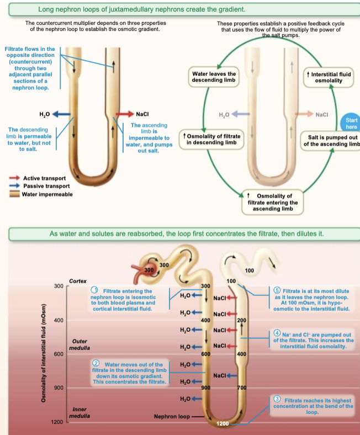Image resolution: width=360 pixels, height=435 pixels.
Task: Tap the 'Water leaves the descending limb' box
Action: pyautogui.click(x=214, y=77)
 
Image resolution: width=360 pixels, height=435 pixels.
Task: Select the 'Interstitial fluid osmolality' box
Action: pyautogui.click(x=329, y=77)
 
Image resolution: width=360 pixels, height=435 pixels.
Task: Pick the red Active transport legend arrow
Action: pyautogui.click(x=15, y=178)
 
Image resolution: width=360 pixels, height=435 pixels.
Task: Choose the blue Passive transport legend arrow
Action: pyautogui.click(x=15, y=186)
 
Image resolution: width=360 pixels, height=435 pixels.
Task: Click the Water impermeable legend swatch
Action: pyautogui.click(x=15, y=194)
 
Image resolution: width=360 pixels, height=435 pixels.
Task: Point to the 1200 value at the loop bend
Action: pyautogui.click(x=223, y=423)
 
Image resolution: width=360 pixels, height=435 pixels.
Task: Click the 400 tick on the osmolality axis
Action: pyautogui.click(x=57, y=320)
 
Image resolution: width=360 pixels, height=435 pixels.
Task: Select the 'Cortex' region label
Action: pyautogui.click(x=78, y=281)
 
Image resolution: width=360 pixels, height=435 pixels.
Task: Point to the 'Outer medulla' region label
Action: pyautogui.click(x=79, y=344)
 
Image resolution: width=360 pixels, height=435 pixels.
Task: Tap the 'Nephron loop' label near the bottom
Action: pyautogui.click(x=172, y=417)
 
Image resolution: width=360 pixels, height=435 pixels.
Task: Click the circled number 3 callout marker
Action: pyautogui.click(x=278, y=399)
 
